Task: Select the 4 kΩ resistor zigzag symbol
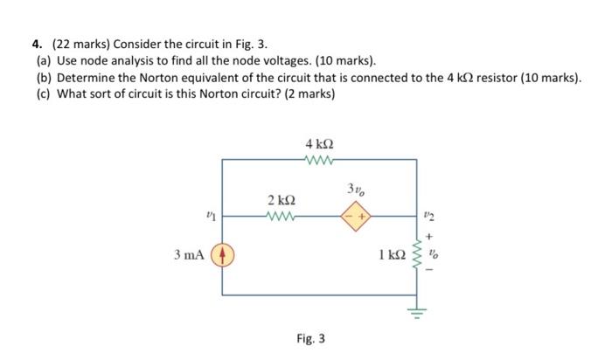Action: point(318,159)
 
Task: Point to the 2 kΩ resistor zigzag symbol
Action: point(283,213)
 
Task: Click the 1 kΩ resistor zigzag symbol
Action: point(429,256)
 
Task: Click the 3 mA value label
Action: point(190,256)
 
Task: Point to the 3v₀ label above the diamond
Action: point(355,189)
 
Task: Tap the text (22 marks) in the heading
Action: point(79,45)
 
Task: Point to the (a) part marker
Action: point(43,61)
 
